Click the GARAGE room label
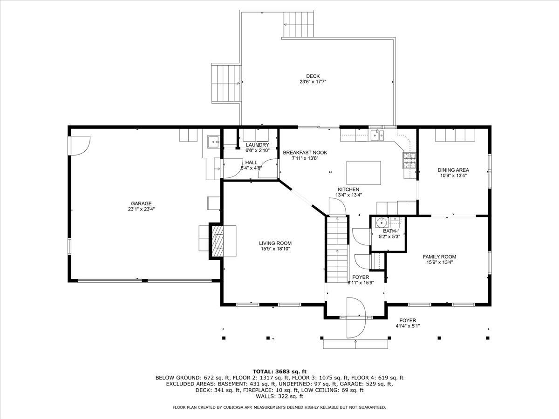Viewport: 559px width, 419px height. tap(141, 203)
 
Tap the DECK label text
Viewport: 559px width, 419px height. tap(313, 76)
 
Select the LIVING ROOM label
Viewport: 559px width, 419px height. tap(275, 243)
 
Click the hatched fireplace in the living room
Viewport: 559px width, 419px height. tap(218, 240)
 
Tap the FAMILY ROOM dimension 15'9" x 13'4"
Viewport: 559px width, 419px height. tap(439, 262)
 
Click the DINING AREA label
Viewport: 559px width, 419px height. tap(453, 170)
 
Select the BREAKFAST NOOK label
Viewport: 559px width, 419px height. tap(305, 152)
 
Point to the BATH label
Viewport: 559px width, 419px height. tap(389, 230)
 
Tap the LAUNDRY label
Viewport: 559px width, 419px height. tap(258, 145)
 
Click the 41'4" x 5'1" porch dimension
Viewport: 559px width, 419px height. tap(407, 326)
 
